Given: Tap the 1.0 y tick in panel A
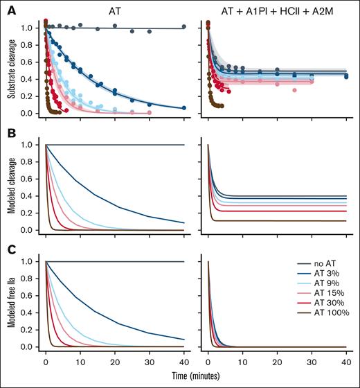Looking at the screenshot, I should tap(26, 28).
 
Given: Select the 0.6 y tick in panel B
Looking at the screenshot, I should tap(26, 179).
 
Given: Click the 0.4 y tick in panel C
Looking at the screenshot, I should tap(26, 312).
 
